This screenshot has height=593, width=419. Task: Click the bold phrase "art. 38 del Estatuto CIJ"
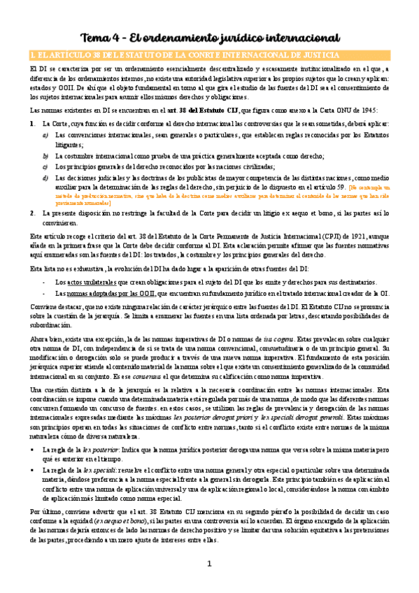pyautogui.click(x=201, y=110)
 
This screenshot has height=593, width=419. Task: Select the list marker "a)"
pyautogui.click(x=46, y=135)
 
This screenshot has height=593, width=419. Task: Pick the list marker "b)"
pyautogui.click(x=46, y=157)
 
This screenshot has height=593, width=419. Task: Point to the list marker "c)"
pyautogui.click(x=46, y=167)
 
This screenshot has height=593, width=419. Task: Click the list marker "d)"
pyautogui.click(x=46, y=178)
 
